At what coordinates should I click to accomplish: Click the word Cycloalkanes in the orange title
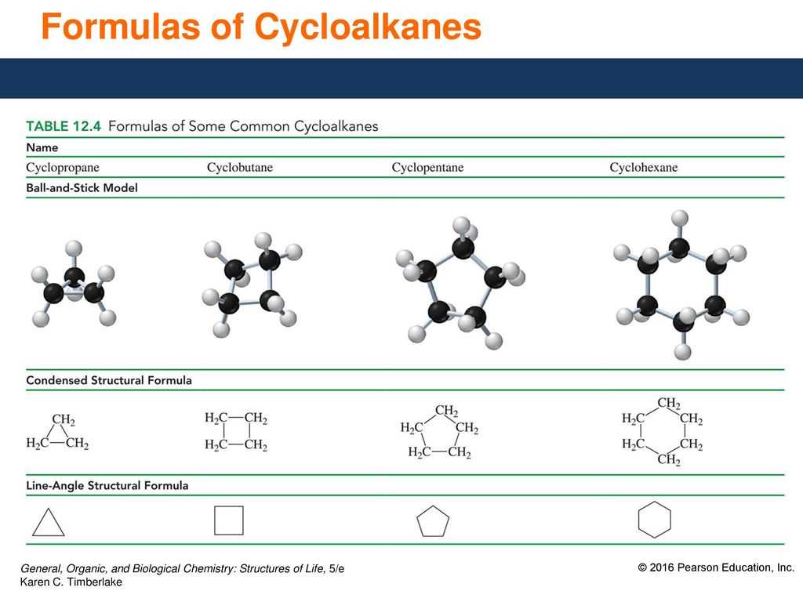pyautogui.click(x=368, y=27)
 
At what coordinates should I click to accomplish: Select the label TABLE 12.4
pyautogui.click(x=64, y=126)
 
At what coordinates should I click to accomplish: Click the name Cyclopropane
pyautogui.click(x=63, y=168)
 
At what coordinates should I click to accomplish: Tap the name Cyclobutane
pyautogui.click(x=240, y=168)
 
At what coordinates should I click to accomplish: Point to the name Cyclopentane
pyautogui.click(x=427, y=168)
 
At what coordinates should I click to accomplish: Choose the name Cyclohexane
pyautogui.click(x=643, y=168)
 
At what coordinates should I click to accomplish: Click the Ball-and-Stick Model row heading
pyautogui.click(x=82, y=188)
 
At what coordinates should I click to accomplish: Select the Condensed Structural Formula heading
pyautogui.click(x=109, y=380)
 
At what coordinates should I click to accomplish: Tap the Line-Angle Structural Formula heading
pyautogui.click(x=107, y=485)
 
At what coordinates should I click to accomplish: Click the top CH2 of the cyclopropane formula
pyautogui.click(x=64, y=420)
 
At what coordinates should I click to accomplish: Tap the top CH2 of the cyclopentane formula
pyautogui.click(x=446, y=411)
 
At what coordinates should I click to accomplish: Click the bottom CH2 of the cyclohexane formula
pyautogui.click(x=669, y=459)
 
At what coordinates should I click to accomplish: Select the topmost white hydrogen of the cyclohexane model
pyautogui.click(x=680, y=218)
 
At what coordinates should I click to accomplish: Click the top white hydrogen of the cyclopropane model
pyautogui.click(x=74, y=248)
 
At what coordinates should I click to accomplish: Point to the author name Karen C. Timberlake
pyautogui.click(x=71, y=582)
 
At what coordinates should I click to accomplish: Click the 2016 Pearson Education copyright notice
pyautogui.click(x=716, y=568)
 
